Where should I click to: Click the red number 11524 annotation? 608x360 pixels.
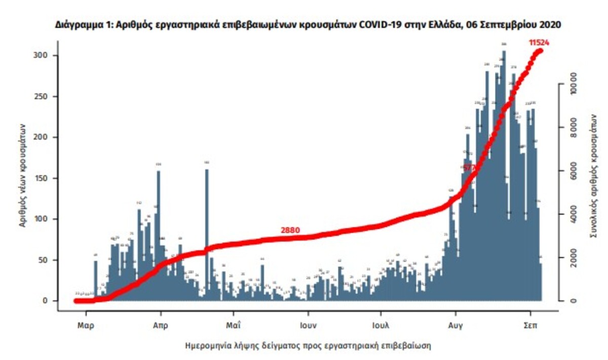tap(539, 43)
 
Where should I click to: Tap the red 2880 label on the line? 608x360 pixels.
tap(290, 230)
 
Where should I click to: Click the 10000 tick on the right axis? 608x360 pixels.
tap(574, 84)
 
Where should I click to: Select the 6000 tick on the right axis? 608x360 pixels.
tap(574, 171)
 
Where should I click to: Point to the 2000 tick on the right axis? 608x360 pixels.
tap(574, 258)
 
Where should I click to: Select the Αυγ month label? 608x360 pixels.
tap(455, 326)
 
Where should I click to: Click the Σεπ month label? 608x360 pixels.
tap(530, 326)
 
